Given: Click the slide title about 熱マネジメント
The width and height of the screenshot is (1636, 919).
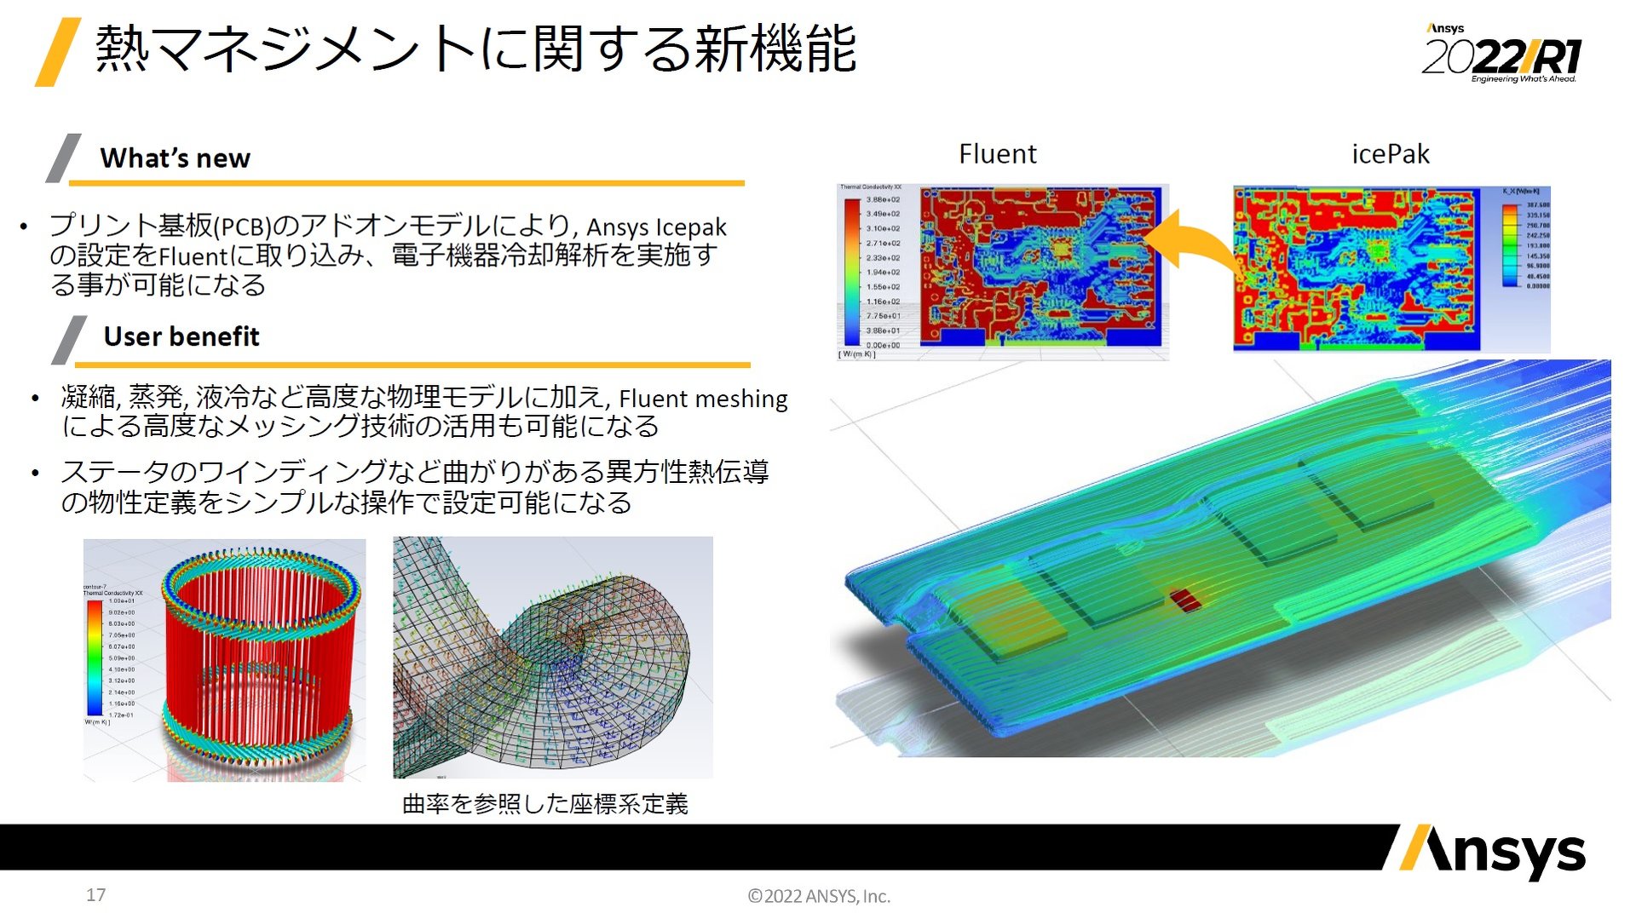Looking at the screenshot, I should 475,49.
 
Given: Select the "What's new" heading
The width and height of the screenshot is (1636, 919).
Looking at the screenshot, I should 175,158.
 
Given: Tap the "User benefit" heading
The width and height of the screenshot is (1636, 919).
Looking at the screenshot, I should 181,336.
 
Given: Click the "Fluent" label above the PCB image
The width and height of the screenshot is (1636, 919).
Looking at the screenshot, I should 997,154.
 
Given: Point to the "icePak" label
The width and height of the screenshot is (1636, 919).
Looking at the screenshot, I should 1390,154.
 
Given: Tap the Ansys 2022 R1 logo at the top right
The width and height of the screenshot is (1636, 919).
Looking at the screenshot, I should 1501,55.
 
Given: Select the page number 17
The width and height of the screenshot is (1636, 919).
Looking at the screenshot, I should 95,895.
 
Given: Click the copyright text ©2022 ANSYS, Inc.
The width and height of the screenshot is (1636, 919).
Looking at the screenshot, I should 818,896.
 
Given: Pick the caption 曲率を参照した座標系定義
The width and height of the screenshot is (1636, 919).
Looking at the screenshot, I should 544,804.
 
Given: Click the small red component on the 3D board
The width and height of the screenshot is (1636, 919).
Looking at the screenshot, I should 1184,600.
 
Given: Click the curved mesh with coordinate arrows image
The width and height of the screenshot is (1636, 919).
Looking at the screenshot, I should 552,658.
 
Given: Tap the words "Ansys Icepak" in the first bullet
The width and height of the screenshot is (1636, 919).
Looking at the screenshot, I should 656,227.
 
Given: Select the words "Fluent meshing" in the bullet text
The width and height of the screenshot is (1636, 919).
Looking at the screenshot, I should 703,399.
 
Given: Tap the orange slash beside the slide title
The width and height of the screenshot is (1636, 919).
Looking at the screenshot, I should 58,52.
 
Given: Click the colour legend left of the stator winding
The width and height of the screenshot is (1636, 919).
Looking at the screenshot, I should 94,658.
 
